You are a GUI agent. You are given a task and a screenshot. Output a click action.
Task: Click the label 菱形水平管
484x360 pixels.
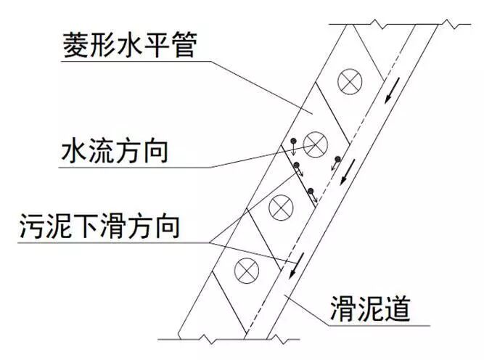click(x=130, y=46)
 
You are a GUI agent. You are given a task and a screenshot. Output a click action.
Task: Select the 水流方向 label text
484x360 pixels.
click(x=115, y=152)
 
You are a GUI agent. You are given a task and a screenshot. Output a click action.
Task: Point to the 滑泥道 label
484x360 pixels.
click(x=370, y=308)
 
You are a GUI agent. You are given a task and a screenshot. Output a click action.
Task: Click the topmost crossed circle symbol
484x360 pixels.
click(x=350, y=82)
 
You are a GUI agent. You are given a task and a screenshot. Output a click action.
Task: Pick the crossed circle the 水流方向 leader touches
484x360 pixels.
click(x=315, y=144)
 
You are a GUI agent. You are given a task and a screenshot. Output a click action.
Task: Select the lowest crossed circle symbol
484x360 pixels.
click(x=246, y=271)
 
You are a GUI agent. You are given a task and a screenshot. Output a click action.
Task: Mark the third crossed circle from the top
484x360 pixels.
click(x=281, y=208)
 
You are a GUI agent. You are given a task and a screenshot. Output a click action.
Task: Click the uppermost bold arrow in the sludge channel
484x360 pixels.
click(x=392, y=91)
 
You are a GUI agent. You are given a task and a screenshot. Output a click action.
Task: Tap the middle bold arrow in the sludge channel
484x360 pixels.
click(x=348, y=172)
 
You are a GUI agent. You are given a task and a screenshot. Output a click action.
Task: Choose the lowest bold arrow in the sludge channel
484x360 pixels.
click(x=296, y=265)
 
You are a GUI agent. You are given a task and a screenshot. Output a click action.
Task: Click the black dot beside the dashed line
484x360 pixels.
click(x=338, y=159)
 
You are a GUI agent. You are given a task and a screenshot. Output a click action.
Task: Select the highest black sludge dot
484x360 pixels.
click(x=294, y=141)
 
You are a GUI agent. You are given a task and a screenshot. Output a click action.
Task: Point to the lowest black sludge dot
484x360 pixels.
click(x=311, y=191)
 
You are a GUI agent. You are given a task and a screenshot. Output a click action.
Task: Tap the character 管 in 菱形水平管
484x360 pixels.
click(x=184, y=46)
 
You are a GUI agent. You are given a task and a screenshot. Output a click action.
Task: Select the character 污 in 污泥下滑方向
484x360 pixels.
click(x=31, y=226)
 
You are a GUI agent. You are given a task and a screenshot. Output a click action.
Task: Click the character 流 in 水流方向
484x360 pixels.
click(x=102, y=152)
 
